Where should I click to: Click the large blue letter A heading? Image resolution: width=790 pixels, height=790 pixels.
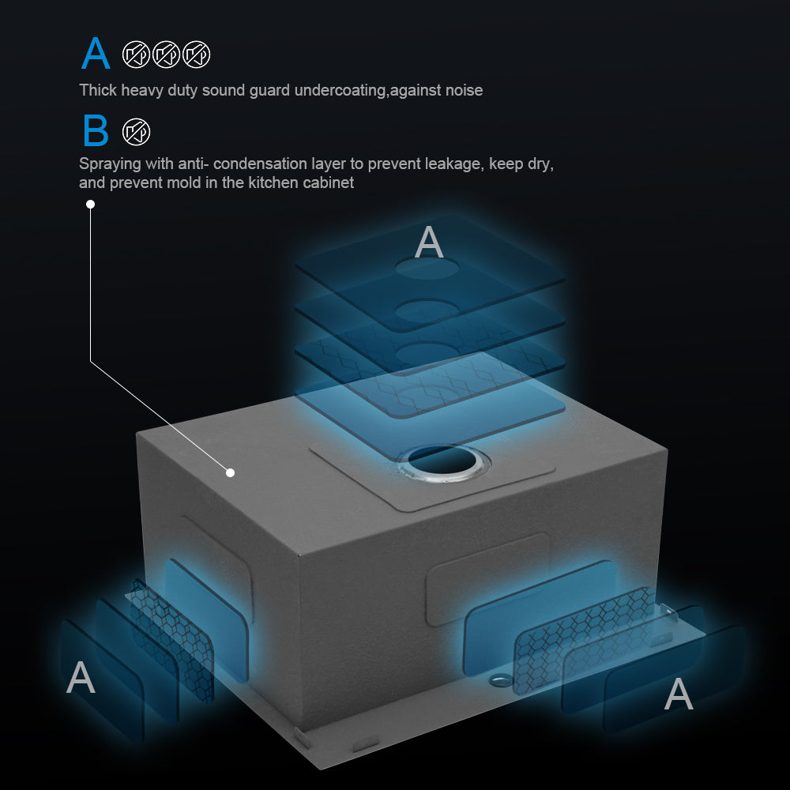tap(96, 53)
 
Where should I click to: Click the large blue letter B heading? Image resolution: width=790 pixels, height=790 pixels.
tap(96, 130)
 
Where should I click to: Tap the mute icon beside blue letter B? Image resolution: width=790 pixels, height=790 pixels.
tap(136, 132)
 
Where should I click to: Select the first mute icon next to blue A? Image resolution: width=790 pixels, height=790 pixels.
tap(136, 55)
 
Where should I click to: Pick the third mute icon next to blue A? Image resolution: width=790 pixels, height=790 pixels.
tap(197, 55)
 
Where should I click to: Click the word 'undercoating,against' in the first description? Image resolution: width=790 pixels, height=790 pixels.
tap(389, 91)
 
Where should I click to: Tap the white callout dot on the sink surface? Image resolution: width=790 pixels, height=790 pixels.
tap(230, 472)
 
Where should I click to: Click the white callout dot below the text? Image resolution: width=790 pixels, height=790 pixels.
tap(90, 204)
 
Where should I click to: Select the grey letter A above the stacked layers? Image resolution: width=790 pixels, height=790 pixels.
tap(429, 242)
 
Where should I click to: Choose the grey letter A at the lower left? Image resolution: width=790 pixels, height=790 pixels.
tap(81, 677)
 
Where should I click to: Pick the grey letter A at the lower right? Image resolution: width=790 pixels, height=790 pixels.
tap(679, 694)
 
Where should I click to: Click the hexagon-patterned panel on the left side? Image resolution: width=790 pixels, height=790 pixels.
tap(171, 641)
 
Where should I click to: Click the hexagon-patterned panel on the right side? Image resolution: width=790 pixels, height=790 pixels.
tap(585, 640)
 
